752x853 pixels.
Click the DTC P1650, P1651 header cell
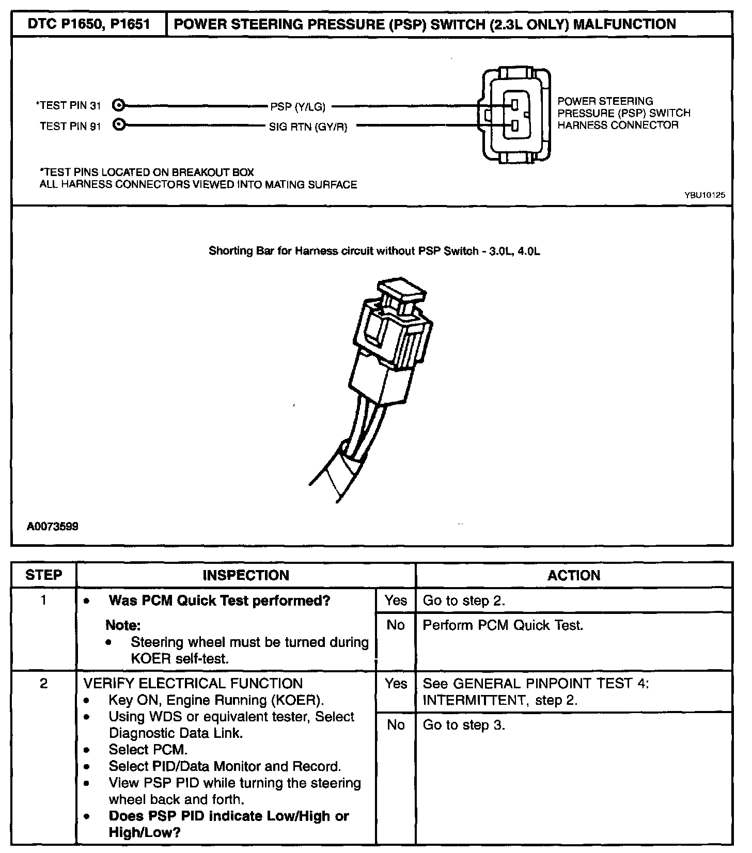tap(89, 24)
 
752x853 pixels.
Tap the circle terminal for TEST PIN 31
tap(119, 105)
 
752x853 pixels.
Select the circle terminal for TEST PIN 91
tap(119, 125)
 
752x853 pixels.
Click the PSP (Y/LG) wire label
tap(297, 107)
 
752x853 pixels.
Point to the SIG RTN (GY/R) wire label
tap(308, 127)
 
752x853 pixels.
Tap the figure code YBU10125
tap(704, 195)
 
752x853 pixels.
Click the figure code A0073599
tap(53, 527)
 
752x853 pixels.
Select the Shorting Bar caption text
tap(374, 251)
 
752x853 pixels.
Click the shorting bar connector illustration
tap(382, 361)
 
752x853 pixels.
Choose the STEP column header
tap(44, 575)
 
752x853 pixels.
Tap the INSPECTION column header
tap(246, 575)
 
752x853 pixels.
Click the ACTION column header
tap(574, 575)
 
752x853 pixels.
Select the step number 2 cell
tap(44, 684)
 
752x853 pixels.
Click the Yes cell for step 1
tap(396, 601)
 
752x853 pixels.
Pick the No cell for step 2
tap(396, 725)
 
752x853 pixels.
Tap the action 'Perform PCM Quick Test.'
tap(503, 625)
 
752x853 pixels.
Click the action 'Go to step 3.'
tap(464, 725)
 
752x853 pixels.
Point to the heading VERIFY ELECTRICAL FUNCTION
tap(193, 684)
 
